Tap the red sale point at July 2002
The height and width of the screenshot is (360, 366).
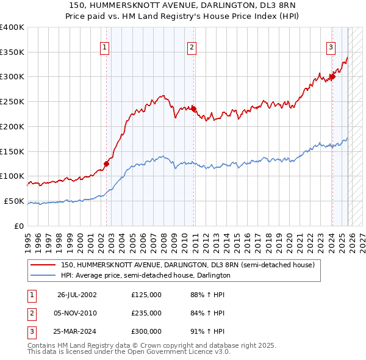(106, 163)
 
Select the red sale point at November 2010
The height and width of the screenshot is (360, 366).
(194, 109)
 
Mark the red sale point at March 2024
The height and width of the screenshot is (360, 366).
(332, 77)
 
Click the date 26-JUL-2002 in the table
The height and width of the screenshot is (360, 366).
(77, 294)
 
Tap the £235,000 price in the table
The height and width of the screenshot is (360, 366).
(146, 313)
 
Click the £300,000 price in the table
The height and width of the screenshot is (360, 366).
(146, 332)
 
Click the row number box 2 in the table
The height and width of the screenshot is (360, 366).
(30, 313)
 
